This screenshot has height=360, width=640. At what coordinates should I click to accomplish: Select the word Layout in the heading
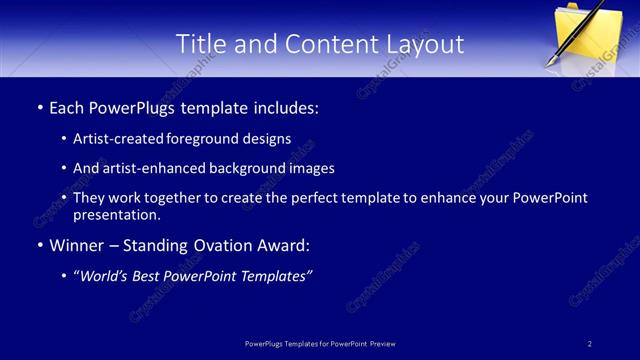tap(426, 44)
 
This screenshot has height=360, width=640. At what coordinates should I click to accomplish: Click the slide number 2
tap(590, 343)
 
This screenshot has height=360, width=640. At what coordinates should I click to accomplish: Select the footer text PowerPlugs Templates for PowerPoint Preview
tap(320, 343)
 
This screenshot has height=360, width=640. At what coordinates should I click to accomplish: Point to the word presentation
tap(117, 214)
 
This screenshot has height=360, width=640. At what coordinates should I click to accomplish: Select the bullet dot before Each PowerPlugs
tap(39, 107)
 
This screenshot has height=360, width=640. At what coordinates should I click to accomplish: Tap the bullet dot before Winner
tap(39, 246)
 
